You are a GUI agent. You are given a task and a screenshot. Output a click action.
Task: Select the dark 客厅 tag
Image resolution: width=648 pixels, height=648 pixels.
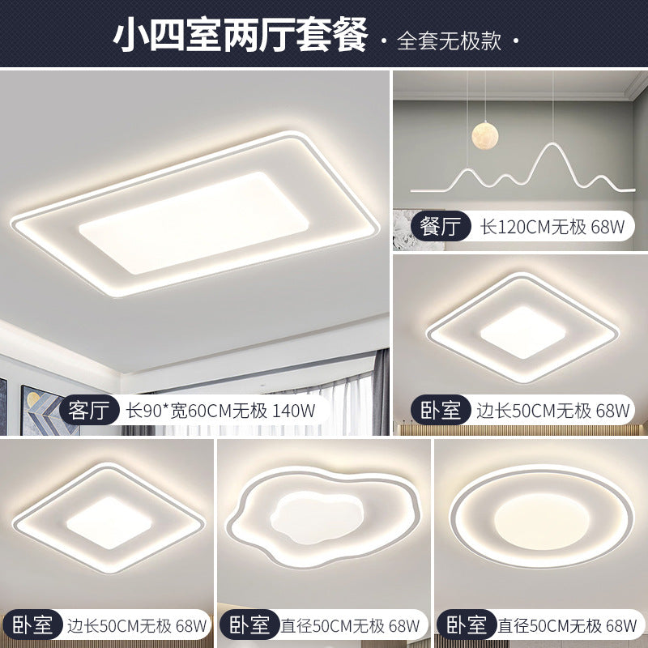point(90,409)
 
